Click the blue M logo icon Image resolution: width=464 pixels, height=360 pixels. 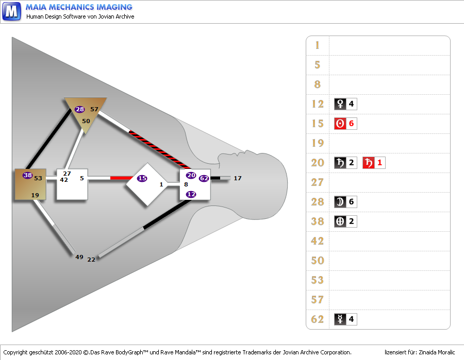tap(11, 11)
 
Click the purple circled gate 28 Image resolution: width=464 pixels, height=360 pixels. tap(79, 109)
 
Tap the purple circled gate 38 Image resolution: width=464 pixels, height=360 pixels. tap(28, 175)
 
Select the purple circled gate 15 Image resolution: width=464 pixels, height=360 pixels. tap(142, 178)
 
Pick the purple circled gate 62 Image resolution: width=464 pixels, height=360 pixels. tap(204, 178)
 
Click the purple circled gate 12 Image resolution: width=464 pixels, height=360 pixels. tap(191, 194)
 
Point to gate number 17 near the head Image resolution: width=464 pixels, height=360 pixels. tap(237, 178)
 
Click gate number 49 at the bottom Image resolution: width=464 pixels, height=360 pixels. tap(79, 257)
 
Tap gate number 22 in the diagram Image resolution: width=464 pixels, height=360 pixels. tap(91, 259)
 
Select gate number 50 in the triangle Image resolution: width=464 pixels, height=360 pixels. tap(86, 121)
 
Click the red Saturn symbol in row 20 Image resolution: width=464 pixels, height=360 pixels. tap(368, 163)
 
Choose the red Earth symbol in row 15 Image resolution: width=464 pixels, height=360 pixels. tap(340, 124)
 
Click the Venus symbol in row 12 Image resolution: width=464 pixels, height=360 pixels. tap(340, 104)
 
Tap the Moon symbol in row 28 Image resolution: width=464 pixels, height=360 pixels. tap(340, 202)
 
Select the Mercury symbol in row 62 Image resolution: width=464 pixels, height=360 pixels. tap(340, 319)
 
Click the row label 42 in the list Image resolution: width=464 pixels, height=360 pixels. tap(318, 241)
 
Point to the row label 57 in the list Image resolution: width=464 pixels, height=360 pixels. tap(318, 300)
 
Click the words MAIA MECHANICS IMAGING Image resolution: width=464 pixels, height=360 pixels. tap(79, 7)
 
